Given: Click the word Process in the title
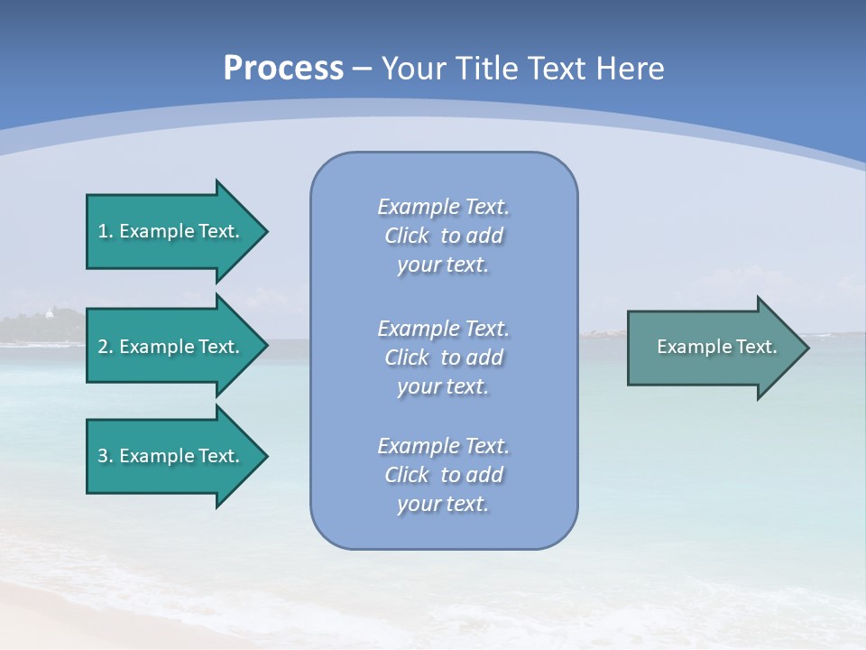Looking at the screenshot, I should click(283, 69).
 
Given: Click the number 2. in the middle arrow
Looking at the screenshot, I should click(105, 347).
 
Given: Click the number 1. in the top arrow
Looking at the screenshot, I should click(105, 231).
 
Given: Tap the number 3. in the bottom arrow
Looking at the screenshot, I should click(105, 456).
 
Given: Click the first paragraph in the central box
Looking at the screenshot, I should click(443, 236).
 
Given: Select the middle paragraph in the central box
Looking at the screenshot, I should click(443, 357).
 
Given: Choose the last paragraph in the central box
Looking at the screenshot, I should click(443, 475).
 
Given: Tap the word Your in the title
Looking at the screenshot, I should click(412, 69).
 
